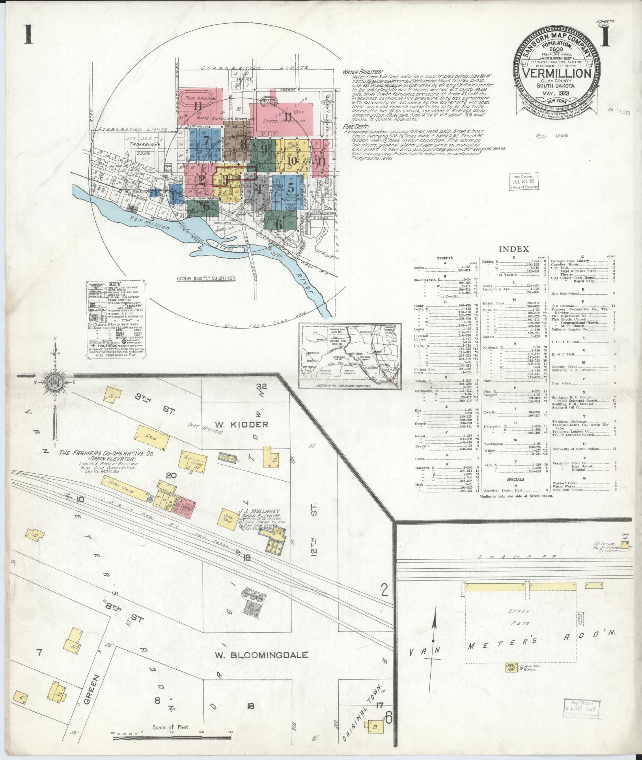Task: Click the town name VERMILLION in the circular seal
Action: tap(556, 73)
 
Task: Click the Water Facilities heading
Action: tap(362, 72)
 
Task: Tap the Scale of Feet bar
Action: tap(172, 737)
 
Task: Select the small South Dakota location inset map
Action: tap(349, 356)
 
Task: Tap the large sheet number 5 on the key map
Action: tap(291, 187)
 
